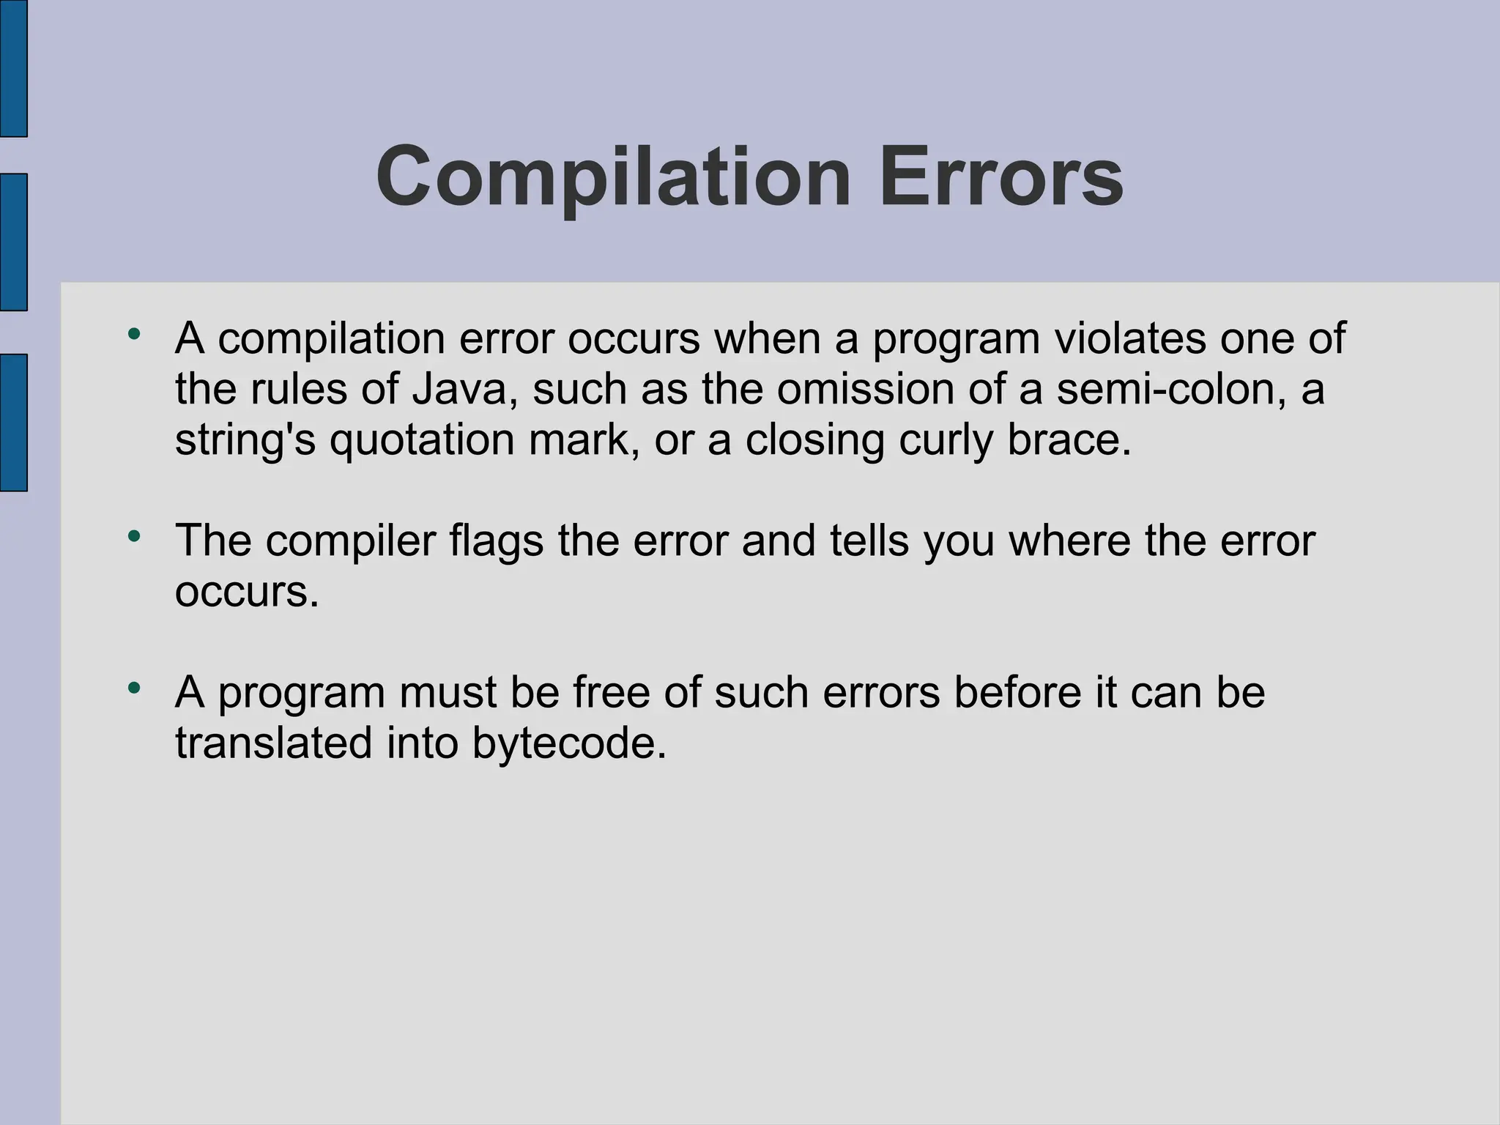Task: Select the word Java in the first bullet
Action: click(458, 389)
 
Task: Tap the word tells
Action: click(869, 541)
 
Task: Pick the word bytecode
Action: click(569, 743)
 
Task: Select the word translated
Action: click(274, 743)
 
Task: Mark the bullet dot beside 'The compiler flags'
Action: click(133, 537)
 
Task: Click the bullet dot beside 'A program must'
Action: click(133, 688)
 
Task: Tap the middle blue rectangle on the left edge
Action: click(13, 242)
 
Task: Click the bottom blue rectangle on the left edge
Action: click(13, 422)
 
